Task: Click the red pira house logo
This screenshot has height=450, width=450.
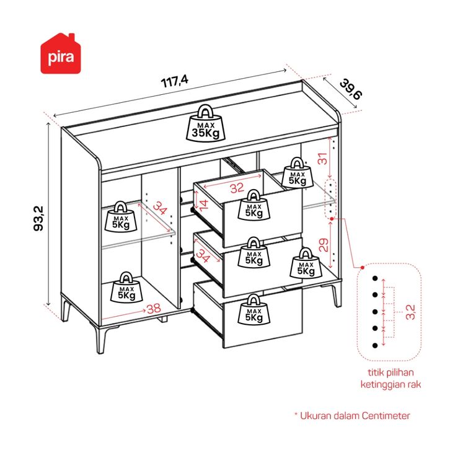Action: click(x=61, y=54)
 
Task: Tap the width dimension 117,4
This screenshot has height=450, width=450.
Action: click(x=175, y=81)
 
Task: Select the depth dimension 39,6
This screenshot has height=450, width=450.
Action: click(x=351, y=89)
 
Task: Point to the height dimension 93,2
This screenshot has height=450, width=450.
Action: click(x=38, y=218)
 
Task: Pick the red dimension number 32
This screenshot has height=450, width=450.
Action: click(x=237, y=188)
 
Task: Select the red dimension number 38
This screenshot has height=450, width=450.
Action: click(x=154, y=309)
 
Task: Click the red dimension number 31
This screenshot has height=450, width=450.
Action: click(x=323, y=159)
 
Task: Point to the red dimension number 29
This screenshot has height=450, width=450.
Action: click(x=324, y=245)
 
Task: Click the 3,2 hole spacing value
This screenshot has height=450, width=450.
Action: click(x=410, y=312)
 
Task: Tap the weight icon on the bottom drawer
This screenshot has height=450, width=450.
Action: click(x=254, y=310)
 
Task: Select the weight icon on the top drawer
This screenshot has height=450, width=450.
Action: click(x=254, y=205)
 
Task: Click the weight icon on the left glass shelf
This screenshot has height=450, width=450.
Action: click(x=121, y=216)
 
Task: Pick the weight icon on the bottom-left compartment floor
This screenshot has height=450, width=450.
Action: click(x=126, y=287)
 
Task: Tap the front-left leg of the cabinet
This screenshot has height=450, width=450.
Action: click(x=100, y=340)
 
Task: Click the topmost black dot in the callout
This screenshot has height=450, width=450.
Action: click(x=375, y=278)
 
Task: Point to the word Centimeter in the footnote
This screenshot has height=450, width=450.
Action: click(x=386, y=415)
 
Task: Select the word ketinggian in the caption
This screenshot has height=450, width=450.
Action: click(x=381, y=384)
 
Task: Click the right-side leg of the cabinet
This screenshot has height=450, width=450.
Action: click(x=336, y=295)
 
